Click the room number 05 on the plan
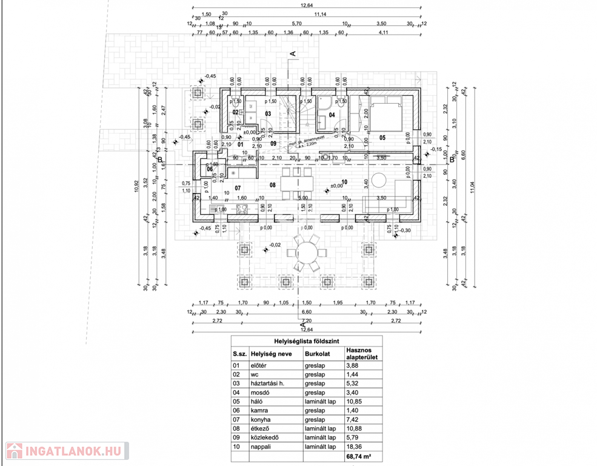coord(382,138)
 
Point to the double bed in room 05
coord(387,115)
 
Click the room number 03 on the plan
coord(267,113)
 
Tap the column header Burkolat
coord(318,354)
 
